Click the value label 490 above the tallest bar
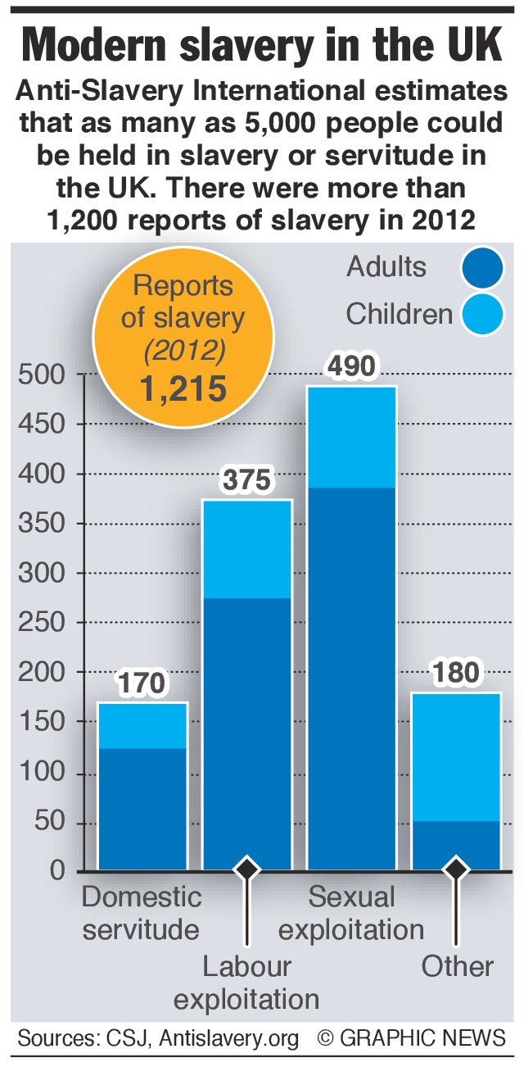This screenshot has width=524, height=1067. pyautogui.click(x=351, y=366)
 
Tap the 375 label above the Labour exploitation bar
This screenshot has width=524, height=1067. pyautogui.click(x=247, y=480)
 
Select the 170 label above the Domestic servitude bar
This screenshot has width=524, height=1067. pyautogui.click(x=142, y=682)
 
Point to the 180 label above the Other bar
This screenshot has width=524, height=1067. pyautogui.click(x=455, y=674)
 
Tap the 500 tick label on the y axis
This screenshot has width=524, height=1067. pyautogui.click(x=40, y=375)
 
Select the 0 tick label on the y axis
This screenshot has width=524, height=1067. pyautogui.click(x=56, y=870)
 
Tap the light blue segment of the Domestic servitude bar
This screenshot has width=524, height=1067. pyautogui.click(x=142, y=725)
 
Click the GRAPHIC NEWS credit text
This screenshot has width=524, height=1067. pyautogui.click(x=422, y=1038)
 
